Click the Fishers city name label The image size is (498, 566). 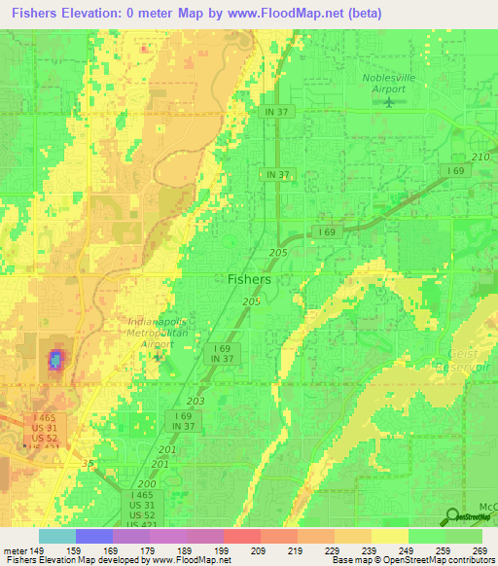[249, 278]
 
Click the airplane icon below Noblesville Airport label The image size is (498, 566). [392, 101]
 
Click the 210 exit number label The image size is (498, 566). [479, 157]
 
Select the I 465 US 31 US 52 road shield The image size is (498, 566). [44, 428]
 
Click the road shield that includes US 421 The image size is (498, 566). [142, 512]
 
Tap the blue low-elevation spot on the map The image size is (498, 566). [55, 361]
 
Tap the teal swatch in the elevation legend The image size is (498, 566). [56, 536]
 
